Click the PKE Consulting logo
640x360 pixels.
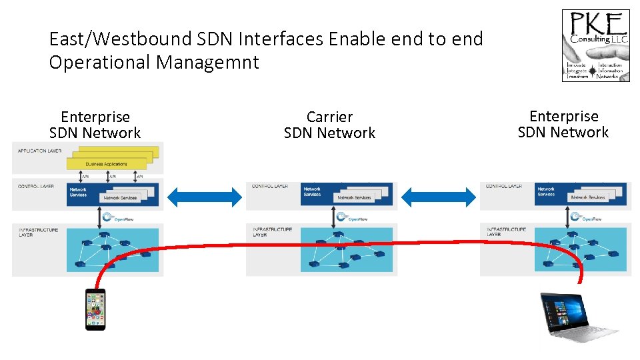tap(595, 45)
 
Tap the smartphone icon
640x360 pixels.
tap(95, 309)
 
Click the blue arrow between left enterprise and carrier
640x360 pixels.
tap(205, 196)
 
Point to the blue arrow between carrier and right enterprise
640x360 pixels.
tap(437, 196)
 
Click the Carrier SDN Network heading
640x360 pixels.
tap(329, 125)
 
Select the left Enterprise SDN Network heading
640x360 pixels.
tap(95, 125)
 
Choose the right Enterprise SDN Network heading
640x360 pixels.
tap(563, 125)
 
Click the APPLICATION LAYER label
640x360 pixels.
tap(39, 151)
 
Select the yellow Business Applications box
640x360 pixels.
tap(107, 163)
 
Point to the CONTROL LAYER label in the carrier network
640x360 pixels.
tap(270, 186)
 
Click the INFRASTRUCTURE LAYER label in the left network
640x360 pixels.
tap(38, 232)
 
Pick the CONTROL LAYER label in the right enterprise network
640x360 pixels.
tap(504, 186)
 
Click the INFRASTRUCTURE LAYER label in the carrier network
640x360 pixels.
tap(272, 232)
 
